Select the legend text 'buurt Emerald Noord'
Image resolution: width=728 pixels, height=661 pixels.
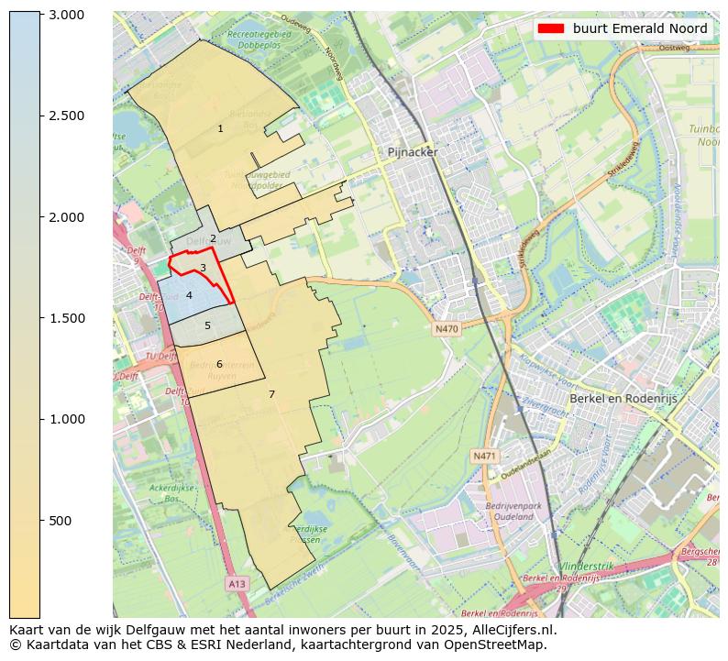pyautogui.click(x=640, y=28)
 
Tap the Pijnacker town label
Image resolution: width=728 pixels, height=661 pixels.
pyautogui.click(x=413, y=152)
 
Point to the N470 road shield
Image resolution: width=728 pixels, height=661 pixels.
pyautogui.click(x=447, y=329)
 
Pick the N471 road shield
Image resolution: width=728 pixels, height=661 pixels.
pyautogui.click(x=484, y=456)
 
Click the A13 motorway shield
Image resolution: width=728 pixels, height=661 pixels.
pyautogui.click(x=237, y=583)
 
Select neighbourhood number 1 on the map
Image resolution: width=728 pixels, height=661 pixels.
pyautogui.click(x=220, y=128)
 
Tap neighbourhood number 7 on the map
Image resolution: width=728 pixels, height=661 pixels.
pyautogui.click(x=271, y=394)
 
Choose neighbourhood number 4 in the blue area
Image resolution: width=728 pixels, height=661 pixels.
pyautogui.click(x=189, y=295)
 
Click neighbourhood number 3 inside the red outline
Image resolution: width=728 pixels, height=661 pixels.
pyautogui.click(x=203, y=268)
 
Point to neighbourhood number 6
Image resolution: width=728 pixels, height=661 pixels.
pyautogui.click(x=219, y=364)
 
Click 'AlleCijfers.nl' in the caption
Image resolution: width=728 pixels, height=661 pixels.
pyautogui.click(x=513, y=630)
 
